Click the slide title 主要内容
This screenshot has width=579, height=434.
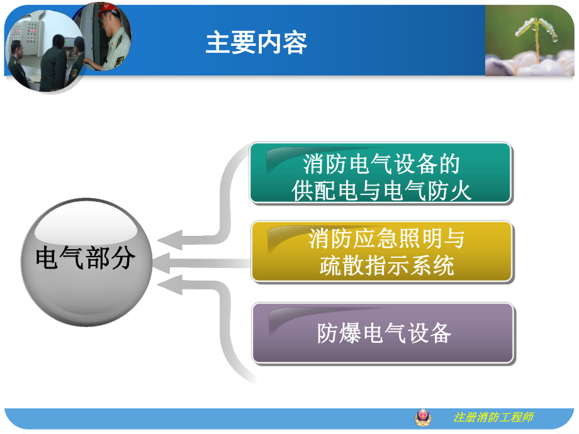coord(256,43)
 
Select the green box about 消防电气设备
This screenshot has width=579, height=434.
coord(381,174)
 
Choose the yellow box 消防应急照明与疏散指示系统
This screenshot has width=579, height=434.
coord(381,251)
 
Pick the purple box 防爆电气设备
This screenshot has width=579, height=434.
coord(383,333)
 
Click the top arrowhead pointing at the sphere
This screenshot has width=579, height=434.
coord(169,240)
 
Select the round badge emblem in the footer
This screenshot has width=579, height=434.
coord(423,417)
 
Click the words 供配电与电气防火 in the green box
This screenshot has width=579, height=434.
coord(381,191)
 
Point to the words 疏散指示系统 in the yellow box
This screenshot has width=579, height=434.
coord(386,265)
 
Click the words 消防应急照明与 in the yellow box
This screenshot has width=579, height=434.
coord(386,239)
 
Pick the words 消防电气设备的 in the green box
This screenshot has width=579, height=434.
coord(381,164)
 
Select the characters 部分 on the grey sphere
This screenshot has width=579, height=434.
coord(111,258)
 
